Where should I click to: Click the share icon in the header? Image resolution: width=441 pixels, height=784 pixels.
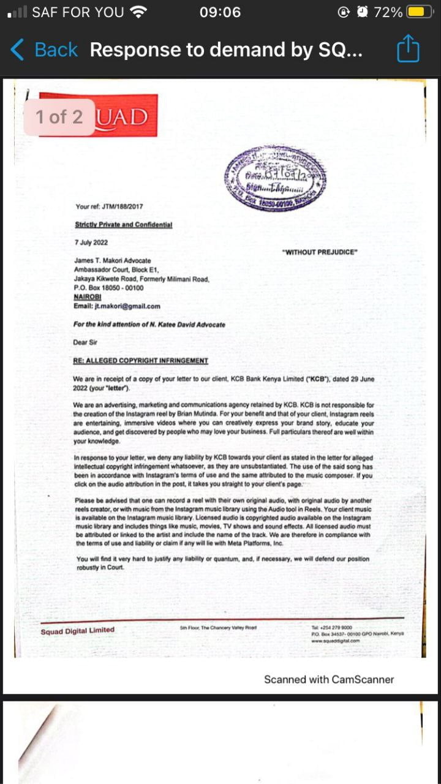408,49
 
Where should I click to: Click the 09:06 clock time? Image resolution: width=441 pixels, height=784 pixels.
220,12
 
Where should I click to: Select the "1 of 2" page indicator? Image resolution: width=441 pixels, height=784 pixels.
59,117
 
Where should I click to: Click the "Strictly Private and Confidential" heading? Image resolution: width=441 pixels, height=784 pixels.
123,225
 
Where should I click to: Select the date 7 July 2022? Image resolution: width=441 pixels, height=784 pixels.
91,243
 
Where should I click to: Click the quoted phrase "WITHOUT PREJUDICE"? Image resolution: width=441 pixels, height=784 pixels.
319,252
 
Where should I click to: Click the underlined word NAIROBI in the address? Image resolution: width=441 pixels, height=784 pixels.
87,297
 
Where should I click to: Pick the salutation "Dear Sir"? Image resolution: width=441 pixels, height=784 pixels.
85,342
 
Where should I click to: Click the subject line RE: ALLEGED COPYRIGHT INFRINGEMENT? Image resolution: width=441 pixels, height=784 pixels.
140,361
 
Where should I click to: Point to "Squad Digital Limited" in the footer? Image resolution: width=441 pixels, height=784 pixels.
77,631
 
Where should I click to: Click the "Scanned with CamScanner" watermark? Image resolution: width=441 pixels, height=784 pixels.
329,679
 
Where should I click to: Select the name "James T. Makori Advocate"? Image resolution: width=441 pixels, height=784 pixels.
112,261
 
